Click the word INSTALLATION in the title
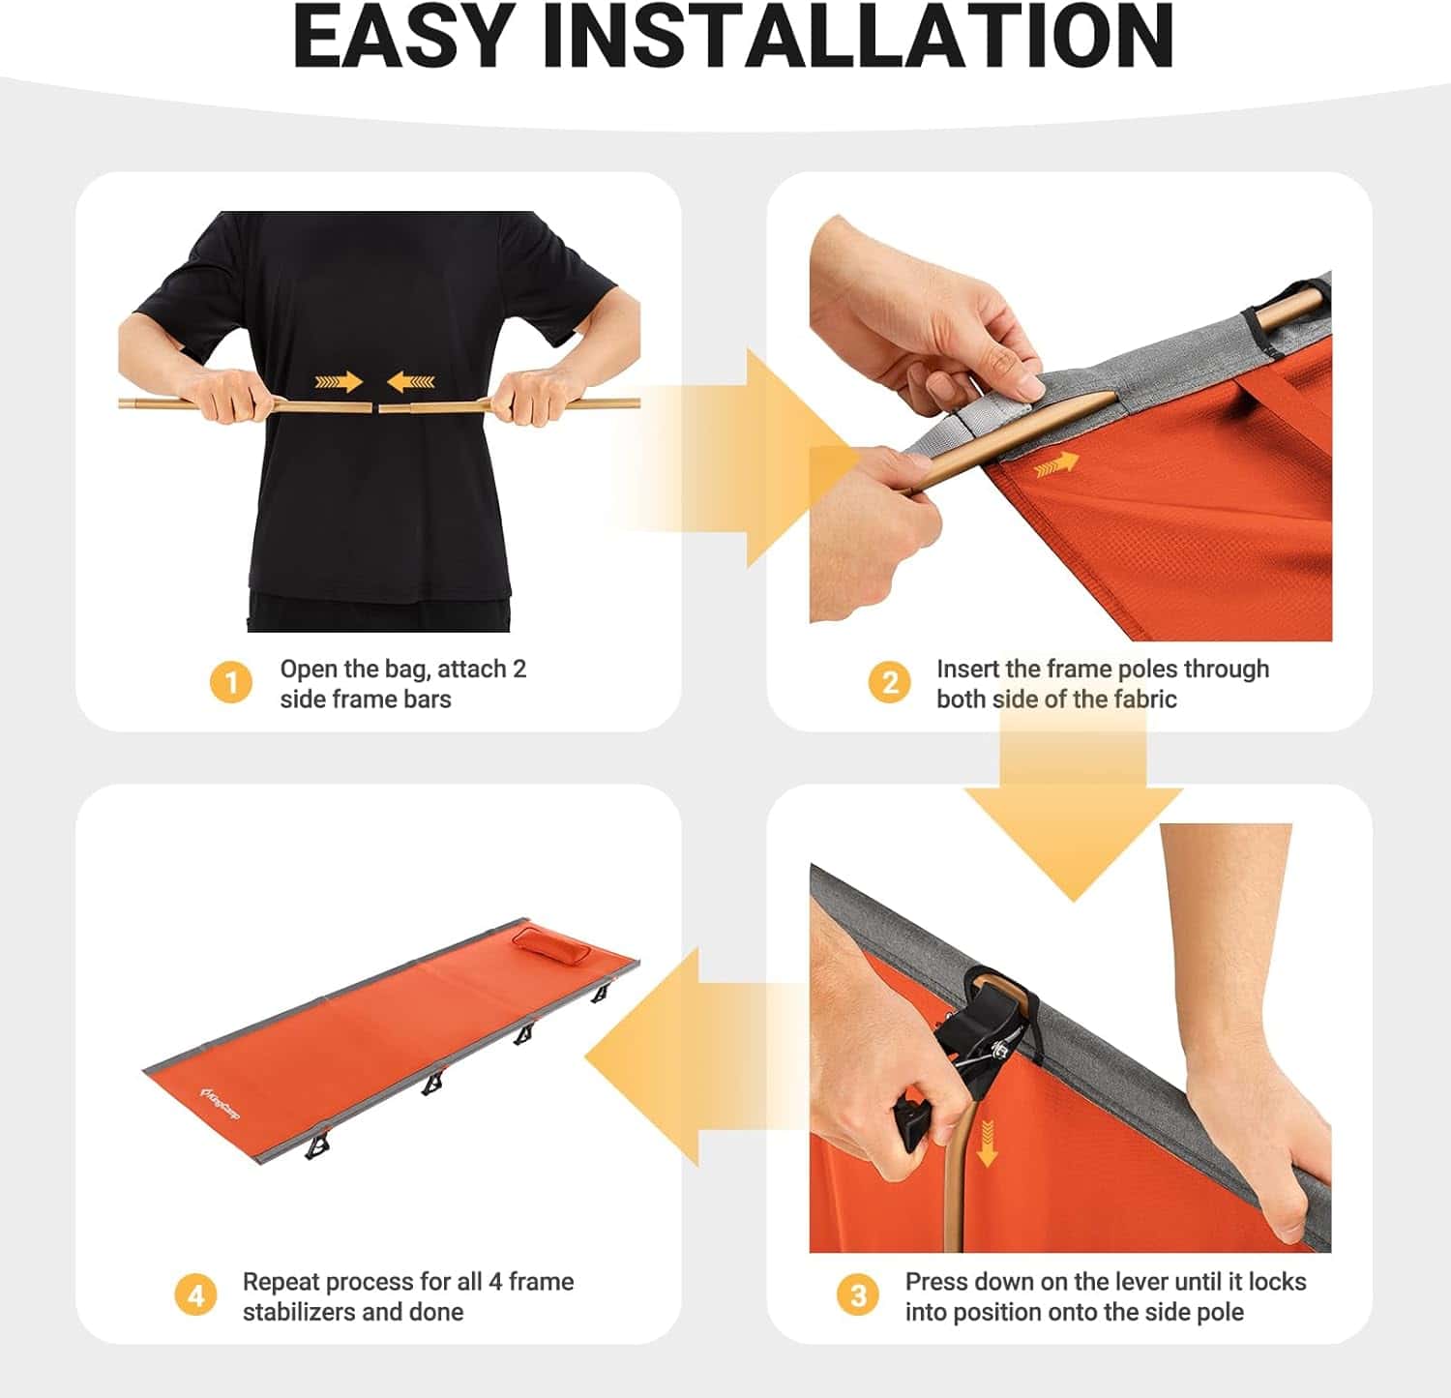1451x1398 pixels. (x=858, y=36)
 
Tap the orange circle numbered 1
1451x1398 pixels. (x=230, y=683)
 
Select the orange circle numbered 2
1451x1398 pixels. (x=889, y=683)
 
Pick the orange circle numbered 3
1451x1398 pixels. (x=858, y=1295)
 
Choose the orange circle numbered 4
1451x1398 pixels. (x=195, y=1295)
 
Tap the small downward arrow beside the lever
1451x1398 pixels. (x=987, y=1143)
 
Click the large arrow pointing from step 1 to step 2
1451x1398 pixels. (x=735, y=458)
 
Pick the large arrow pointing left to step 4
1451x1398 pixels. (x=696, y=1056)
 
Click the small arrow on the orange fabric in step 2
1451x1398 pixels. (x=1056, y=465)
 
